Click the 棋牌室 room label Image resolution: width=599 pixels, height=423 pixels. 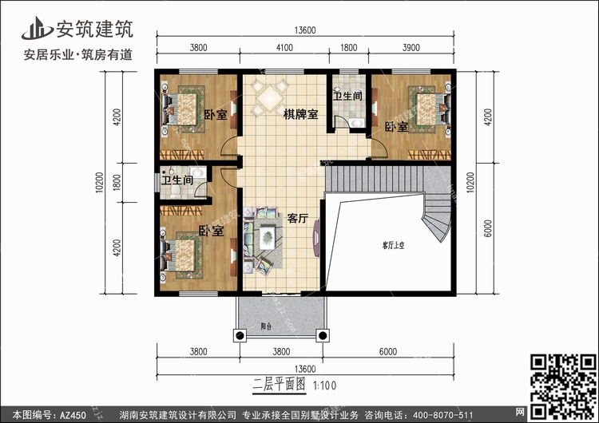[300, 114]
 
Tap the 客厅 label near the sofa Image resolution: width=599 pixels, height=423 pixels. [298, 219]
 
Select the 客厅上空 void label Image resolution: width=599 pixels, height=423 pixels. [393, 246]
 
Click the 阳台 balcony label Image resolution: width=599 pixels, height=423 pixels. [266, 326]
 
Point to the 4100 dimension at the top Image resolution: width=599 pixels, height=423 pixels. [284, 48]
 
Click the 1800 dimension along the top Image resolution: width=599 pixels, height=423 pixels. [348, 48]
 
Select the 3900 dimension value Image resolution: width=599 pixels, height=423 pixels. [411, 48]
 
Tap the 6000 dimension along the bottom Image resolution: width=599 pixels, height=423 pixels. [388, 352]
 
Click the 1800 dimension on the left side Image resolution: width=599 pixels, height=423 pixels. [117, 183]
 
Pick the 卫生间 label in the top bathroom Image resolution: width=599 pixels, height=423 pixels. [347, 96]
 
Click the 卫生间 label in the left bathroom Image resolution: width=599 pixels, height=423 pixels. [177, 180]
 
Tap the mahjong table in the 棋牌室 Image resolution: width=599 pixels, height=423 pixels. [270, 97]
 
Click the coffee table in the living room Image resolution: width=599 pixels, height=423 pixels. [268, 238]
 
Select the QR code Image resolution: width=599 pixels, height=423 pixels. [563, 387]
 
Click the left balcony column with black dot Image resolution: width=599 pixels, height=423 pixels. [240, 335]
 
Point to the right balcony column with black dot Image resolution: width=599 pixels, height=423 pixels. [323, 335]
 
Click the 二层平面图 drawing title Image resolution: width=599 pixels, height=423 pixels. [280, 384]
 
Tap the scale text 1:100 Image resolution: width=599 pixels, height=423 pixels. [325, 385]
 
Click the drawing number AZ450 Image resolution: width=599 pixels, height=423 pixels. [73, 414]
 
